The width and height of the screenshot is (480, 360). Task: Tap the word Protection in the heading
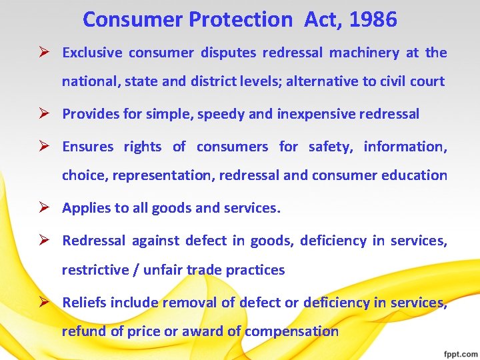240,20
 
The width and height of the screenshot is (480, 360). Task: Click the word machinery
365,53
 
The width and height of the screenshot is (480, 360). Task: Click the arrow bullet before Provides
44,114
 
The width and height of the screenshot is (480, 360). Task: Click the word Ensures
87,147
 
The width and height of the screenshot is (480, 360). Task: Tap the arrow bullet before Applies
44,208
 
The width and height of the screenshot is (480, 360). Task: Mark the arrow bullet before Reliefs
44,303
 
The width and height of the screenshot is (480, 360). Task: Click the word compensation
291,331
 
